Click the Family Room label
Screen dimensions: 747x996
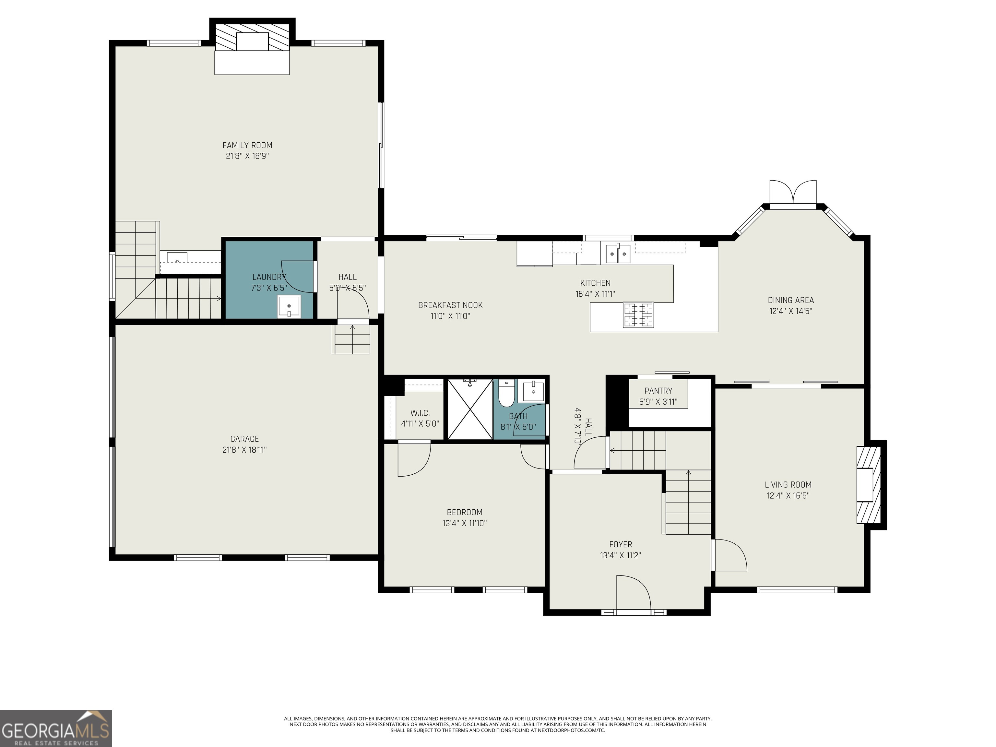(247, 145)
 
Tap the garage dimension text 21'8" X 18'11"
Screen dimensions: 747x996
(244, 450)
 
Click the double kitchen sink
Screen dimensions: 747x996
(617, 254)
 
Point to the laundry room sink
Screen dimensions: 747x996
(289, 307)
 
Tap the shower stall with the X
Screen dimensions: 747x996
(470, 409)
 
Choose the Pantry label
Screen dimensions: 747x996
(658, 391)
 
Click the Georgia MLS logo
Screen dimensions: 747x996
(55, 728)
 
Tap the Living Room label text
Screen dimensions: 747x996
(788, 484)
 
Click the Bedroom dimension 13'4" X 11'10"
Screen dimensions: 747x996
(464, 523)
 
